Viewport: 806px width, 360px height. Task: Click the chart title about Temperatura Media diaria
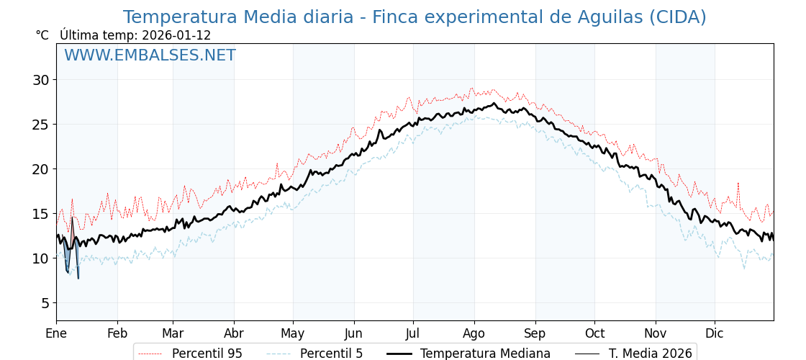tap(415, 17)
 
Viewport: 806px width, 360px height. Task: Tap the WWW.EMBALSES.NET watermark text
tap(150, 55)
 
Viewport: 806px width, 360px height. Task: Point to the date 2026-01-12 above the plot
tap(176, 35)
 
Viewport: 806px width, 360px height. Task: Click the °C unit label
tap(42, 35)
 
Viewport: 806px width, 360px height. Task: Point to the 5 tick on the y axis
tap(47, 303)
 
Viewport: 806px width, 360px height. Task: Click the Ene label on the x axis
tap(56, 334)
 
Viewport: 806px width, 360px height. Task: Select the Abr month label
tap(234, 334)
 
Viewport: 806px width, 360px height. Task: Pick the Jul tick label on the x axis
tap(413, 334)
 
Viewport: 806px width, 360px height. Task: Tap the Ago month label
tap(474, 334)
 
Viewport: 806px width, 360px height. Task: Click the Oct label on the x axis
tap(594, 334)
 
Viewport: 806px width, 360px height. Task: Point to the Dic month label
tap(715, 334)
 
